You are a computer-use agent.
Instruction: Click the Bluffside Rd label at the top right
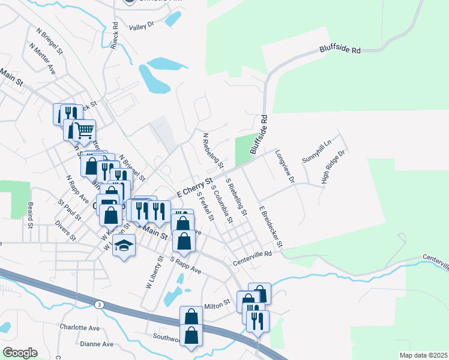point(340,51)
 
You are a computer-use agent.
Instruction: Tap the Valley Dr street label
point(142,27)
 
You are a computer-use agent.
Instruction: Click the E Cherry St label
point(195,188)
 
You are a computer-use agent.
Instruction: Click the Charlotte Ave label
point(79,328)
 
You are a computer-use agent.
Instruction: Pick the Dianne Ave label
point(97,344)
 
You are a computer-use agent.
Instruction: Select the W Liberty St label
point(155,273)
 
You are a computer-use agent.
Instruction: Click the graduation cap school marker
point(124,246)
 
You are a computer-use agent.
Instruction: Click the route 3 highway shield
point(98,305)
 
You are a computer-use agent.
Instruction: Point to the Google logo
point(20,353)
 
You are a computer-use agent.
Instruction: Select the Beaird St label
point(29,215)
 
